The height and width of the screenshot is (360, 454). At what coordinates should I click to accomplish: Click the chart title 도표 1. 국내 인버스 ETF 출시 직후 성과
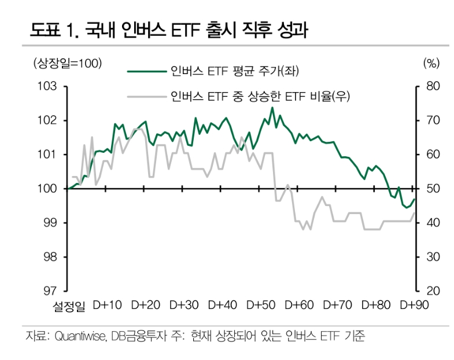coord(168,31)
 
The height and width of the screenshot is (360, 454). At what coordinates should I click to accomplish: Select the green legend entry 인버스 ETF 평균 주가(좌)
coord(234,71)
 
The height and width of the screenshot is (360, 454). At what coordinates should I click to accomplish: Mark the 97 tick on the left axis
coord(51,291)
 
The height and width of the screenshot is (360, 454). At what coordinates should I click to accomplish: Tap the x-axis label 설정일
coord(68,306)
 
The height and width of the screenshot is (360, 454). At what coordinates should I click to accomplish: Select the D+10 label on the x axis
coord(107,306)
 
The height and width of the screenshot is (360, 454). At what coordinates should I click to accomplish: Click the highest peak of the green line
coord(272,108)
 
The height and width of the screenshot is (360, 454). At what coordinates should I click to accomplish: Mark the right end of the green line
coord(414,199)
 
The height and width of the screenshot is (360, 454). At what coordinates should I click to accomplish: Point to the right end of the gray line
coord(414,213)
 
